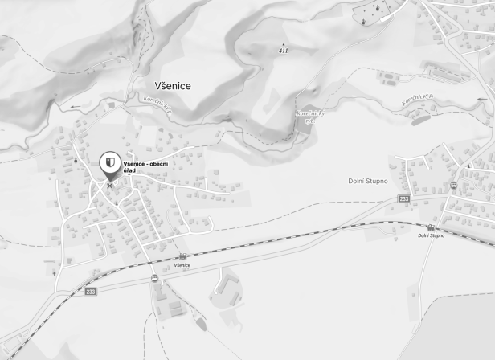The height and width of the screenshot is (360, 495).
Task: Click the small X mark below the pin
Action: click(110, 185)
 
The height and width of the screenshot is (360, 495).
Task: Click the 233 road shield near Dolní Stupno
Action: click(403, 198)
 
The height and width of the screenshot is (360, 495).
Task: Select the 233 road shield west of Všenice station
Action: click(91, 292)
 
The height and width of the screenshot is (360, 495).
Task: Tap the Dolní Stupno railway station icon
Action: click(430, 227)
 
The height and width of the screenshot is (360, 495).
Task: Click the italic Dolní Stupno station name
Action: click(431, 235)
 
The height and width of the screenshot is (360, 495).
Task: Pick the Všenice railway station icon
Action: click(182, 256)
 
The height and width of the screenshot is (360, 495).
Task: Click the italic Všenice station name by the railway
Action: click(182, 264)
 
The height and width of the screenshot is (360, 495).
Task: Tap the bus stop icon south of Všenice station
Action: click(153, 278)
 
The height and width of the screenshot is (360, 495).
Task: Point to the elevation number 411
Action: click(283, 51)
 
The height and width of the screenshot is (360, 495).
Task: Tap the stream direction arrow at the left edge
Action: click(76, 106)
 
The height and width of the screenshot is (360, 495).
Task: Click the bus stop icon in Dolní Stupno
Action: click(453, 185)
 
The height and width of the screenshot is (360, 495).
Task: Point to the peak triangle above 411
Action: click(283, 43)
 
